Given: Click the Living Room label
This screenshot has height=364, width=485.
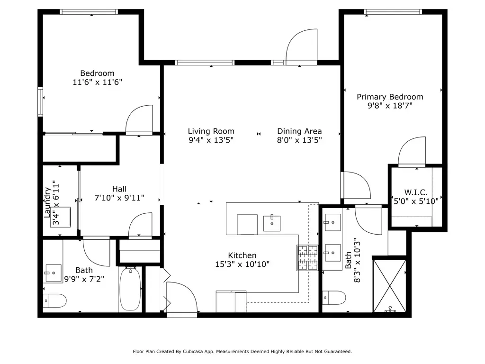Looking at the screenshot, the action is (211, 131).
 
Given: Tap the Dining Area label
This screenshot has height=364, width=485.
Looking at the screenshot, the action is (299, 131).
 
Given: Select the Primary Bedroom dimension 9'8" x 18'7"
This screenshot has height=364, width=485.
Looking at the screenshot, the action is (390, 106).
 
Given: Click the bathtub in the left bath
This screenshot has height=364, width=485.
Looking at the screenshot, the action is (130, 289).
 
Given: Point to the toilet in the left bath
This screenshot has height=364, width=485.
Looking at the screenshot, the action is (55, 300).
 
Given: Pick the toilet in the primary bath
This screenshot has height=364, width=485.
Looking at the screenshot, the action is (334, 298).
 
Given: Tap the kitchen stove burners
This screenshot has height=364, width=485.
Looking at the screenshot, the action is (307, 258).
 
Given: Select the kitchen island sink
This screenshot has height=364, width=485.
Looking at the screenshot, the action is (272, 223).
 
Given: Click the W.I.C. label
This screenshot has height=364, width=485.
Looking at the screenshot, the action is (416, 192).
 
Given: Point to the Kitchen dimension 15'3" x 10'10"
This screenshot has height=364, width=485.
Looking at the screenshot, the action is (242, 264).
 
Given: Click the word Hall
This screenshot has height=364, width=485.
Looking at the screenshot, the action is (119, 189).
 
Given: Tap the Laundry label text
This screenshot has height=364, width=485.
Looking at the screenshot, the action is (47, 202).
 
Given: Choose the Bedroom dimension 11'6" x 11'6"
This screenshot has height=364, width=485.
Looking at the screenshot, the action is (98, 82).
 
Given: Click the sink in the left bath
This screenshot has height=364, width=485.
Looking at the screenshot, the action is (53, 273).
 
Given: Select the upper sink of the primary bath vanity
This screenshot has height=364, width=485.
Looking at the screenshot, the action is (332, 222).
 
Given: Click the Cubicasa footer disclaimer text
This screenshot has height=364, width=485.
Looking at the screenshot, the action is (242, 351).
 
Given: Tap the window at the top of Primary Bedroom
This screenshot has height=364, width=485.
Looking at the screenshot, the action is (393, 12).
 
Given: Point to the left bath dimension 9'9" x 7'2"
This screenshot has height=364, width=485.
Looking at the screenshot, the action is (84, 279).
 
